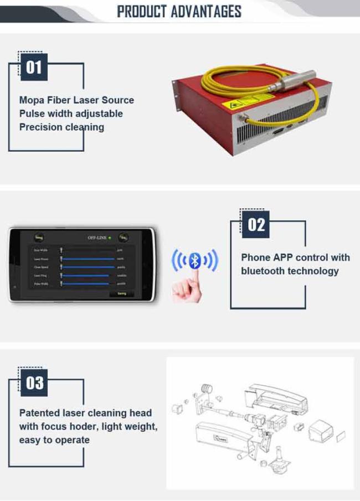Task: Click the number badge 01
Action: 33,68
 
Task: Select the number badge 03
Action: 33,383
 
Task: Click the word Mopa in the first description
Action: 33,100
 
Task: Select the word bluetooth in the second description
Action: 265,271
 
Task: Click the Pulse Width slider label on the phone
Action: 40,283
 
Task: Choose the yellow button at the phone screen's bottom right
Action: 121,293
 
